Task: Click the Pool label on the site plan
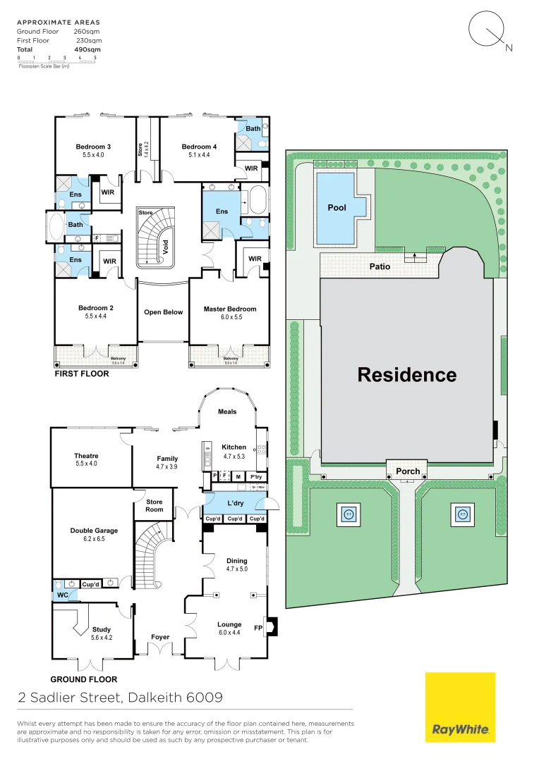[337, 208]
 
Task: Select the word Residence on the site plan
[406, 375]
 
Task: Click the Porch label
[408, 471]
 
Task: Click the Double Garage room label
[94, 531]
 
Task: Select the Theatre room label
[86, 456]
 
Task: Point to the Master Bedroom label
[230, 309]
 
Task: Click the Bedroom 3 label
[93, 147]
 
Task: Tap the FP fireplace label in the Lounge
[258, 626]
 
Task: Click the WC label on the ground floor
[63, 595]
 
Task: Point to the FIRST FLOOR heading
[83, 373]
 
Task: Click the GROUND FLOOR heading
[83, 679]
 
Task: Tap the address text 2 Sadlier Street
[70, 698]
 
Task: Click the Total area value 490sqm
[87, 50]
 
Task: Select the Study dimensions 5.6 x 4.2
[102, 638]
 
